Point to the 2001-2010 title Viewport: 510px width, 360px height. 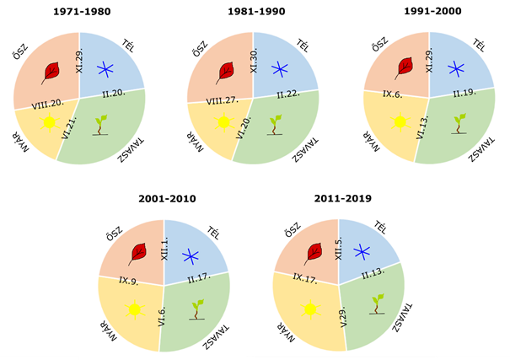click(x=167, y=199)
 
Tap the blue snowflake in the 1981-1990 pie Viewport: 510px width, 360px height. click(x=278, y=69)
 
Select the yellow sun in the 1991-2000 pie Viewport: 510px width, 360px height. click(x=398, y=122)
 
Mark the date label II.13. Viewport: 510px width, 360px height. click(x=374, y=271)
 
